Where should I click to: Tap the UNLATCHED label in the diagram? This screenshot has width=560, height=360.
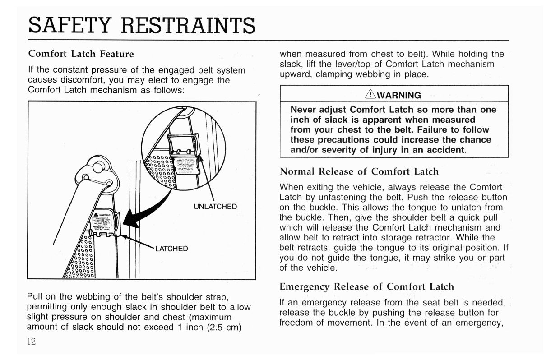pyautogui.click(x=215, y=207)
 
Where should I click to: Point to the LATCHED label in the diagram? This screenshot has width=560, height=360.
pyautogui.click(x=171, y=249)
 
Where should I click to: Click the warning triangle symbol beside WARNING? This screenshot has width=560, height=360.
pyautogui.click(x=371, y=95)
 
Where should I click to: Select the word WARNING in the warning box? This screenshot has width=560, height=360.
pyautogui.click(x=398, y=95)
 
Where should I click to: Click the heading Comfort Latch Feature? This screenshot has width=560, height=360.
pyautogui.click(x=81, y=54)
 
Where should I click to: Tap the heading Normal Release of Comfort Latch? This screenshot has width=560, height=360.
pyautogui.click(x=359, y=171)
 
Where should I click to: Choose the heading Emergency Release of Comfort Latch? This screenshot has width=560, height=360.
pyautogui.click(x=366, y=286)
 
